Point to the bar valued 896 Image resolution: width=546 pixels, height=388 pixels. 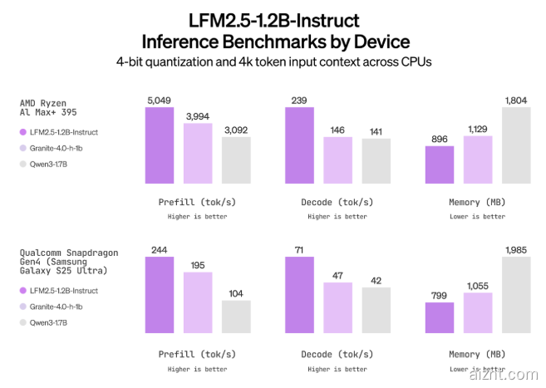pyautogui.click(x=440, y=165)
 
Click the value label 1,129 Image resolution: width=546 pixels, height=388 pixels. pyautogui.click(x=477, y=129)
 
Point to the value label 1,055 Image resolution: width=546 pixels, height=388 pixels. pyautogui.click(x=477, y=285)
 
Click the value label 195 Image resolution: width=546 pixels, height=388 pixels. pyautogui.click(x=198, y=265)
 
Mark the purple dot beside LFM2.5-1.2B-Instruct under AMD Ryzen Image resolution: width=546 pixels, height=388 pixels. pyautogui.click(x=22, y=131)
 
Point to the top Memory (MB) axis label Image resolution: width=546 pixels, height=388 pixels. pyautogui.click(x=476, y=202)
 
